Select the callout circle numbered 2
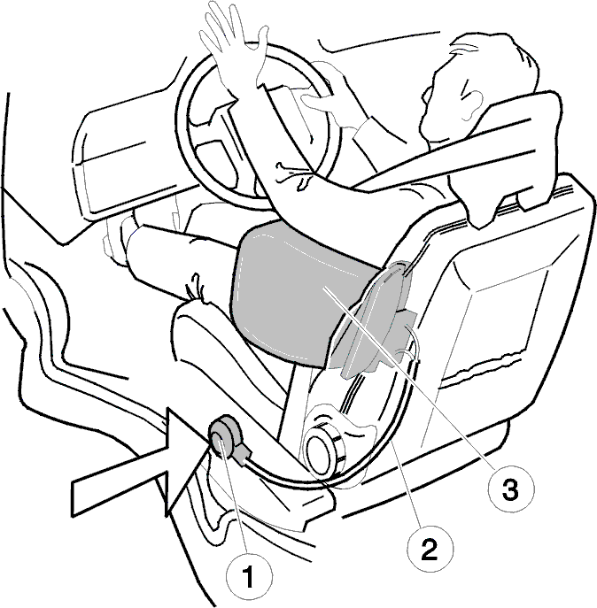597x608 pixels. (430, 549)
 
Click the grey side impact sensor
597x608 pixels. (224, 439)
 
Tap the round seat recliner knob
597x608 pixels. (323, 450)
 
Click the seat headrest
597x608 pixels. (505, 155)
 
